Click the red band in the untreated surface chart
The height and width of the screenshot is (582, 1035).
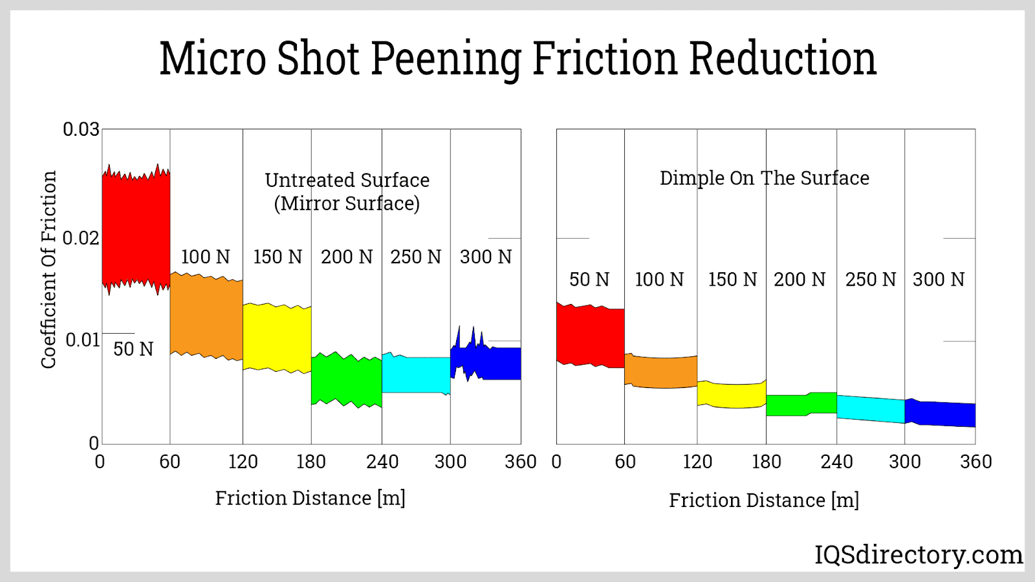pos(136,230)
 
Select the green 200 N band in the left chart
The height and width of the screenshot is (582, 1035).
pos(346,380)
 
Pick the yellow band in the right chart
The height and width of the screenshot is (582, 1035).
pos(732,395)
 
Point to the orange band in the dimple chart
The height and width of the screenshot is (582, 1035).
pos(661,372)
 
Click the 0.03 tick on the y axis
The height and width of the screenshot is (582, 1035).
pos(81,129)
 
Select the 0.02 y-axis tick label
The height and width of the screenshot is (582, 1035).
pos(81,238)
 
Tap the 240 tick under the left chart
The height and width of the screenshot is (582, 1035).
pos(382,462)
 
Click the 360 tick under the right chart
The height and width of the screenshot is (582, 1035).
pos(976,462)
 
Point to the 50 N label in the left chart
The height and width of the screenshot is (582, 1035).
pos(133,349)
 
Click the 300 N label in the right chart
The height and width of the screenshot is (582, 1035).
pos(939,279)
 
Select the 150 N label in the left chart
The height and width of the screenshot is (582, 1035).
pos(278,257)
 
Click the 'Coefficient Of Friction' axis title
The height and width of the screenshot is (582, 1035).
pos(49,270)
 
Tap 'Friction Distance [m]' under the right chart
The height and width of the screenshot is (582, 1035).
pos(764,500)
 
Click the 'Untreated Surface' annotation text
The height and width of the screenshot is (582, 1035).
pos(347,180)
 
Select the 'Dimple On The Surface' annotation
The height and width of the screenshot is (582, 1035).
pos(765,178)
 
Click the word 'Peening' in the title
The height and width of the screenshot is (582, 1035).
pos(446,59)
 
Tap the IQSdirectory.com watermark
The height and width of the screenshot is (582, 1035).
pos(919,555)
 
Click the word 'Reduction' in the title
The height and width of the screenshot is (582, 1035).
pos(782,59)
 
